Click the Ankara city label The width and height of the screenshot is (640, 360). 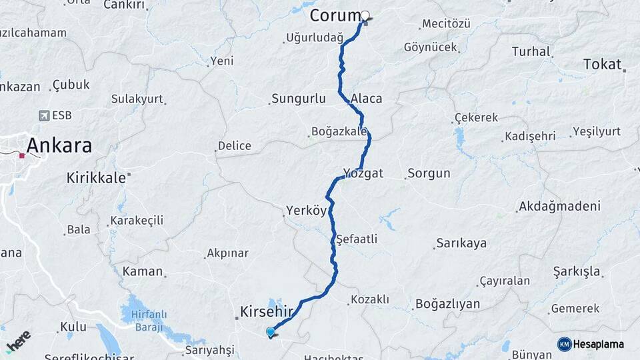[x=59, y=145]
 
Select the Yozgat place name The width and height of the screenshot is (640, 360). [x=363, y=173]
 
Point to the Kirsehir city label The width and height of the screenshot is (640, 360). [x=266, y=311]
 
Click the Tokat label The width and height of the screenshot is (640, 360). [x=602, y=64]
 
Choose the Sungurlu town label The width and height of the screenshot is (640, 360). [x=299, y=99]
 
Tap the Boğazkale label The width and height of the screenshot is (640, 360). [x=339, y=131]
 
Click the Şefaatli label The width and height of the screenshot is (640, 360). [x=357, y=239]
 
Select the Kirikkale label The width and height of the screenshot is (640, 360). [x=96, y=178]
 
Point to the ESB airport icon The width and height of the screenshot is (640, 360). [x=45, y=115]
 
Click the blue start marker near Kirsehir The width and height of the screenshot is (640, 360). [x=271, y=331]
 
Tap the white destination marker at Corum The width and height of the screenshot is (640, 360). [x=365, y=15]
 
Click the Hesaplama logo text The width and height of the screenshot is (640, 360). [x=599, y=344]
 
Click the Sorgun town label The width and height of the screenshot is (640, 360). [x=429, y=173]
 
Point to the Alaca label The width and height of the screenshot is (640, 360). [x=367, y=99]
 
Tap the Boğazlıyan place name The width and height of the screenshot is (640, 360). [x=447, y=304]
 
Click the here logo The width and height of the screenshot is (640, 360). [x=18, y=341]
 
